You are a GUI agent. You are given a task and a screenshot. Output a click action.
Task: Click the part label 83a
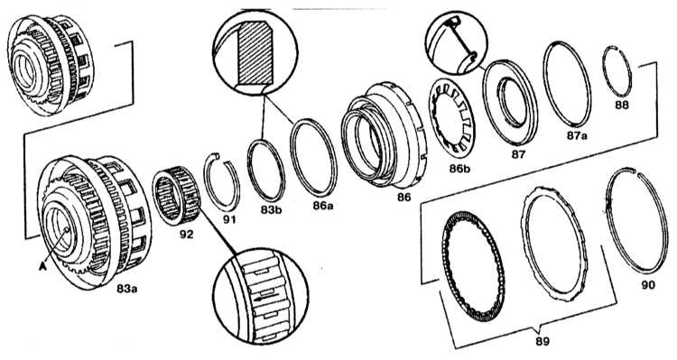coord(127,289)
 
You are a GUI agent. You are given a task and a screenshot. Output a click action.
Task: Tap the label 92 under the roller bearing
coord(187,235)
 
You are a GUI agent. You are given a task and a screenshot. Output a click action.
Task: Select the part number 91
coord(229,220)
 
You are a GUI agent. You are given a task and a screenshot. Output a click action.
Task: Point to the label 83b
coord(271,210)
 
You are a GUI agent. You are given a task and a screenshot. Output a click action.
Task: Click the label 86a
coord(323,206)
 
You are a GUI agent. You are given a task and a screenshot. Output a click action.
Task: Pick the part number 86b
coord(459,169)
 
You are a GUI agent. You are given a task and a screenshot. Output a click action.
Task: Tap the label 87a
coord(578,135)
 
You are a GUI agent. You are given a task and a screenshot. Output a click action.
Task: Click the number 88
coord(622,105)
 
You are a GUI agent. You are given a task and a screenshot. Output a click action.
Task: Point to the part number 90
coord(648,285)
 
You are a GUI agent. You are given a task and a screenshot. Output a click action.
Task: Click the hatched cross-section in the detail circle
coord(255,53)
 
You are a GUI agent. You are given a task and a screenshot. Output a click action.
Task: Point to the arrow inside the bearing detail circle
coord(260,299)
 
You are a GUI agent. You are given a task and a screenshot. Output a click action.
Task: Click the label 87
coord(518,154)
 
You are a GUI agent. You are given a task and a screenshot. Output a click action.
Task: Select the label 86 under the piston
coord(404,198)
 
